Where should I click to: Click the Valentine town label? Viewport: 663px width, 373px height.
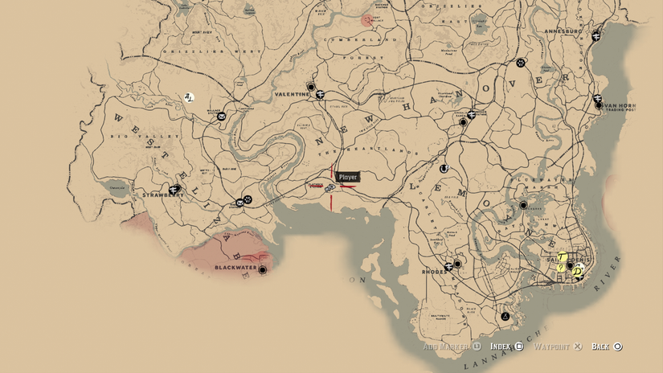[x=292, y=94]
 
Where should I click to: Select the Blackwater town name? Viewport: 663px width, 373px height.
[x=235, y=267]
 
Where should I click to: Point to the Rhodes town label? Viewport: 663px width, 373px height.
[x=435, y=272]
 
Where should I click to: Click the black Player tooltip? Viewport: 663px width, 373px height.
[x=348, y=177]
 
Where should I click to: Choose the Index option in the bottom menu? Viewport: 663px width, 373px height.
[x=501, y=346]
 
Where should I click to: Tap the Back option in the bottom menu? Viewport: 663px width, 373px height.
[x=600, y=346]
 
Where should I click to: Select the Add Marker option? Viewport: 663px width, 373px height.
[x=447, y=346]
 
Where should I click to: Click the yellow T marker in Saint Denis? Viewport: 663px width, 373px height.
[x=562, y=258]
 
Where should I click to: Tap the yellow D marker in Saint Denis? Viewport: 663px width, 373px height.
[x=578, y=273]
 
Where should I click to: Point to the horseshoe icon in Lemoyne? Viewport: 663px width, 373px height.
[x=444, y=169]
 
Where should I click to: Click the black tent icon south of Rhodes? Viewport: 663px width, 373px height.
[x=505, y=317]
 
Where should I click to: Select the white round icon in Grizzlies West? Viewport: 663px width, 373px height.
[x=190, y=98]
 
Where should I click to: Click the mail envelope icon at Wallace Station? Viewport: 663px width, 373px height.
[x=222, y=116]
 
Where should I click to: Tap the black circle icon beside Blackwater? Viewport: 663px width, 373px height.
[x=263, y=270]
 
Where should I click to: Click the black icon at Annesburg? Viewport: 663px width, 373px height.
[x=596, y=36]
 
